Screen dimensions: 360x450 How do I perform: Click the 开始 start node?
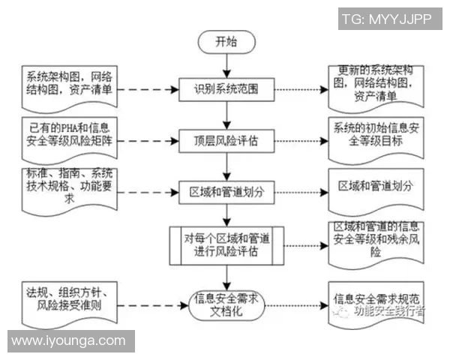tap(226, 41)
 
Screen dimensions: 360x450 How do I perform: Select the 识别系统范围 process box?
tap(226, 89)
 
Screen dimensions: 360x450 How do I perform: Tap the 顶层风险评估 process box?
tap(226, 139)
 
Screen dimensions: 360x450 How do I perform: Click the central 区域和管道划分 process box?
tap(226, 190)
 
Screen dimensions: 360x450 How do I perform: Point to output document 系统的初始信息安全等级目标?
tap(381, 136)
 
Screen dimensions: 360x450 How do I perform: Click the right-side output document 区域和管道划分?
tap(381, 185)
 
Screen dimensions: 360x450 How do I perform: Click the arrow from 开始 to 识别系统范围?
tap(226, 64)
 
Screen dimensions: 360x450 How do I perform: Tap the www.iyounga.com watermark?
tap(68, 341)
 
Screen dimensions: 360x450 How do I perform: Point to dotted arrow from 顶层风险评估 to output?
tap(300, 140)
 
